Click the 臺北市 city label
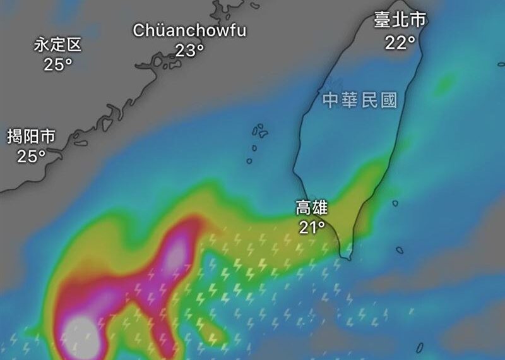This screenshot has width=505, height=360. tap(400, 20)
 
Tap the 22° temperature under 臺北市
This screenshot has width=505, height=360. tap(400, 42)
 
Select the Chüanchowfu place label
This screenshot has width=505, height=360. tap(189, 30)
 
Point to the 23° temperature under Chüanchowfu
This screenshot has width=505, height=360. tap(189, 50)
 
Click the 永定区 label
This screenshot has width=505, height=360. tap(58, 44)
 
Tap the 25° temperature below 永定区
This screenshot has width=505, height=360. tap(58, 64)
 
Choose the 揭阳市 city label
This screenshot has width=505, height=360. tap(31, 136)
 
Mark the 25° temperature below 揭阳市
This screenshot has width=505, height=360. tap(31, 156)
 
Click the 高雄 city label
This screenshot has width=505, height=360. tap(312, 207)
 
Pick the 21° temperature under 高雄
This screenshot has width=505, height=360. tap(312, 227)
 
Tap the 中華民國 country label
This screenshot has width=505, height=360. tap(359, 100)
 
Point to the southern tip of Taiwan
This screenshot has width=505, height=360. tap(345, 256)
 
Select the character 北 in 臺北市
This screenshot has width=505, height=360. tap(400, 20)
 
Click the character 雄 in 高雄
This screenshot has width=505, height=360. tap(320, 207)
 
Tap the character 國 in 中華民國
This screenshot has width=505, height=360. tap(389, 100)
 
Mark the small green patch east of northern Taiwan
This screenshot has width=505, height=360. tap(446, 82)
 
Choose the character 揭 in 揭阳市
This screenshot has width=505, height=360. tap(15, 136)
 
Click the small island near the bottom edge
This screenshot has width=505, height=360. tap(420, 347)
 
